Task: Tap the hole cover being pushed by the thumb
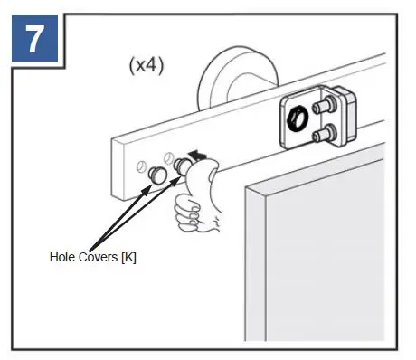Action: tap(184, 165)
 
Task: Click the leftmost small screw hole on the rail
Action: tap(143, 165)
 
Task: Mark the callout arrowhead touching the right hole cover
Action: tap(177, 176)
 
